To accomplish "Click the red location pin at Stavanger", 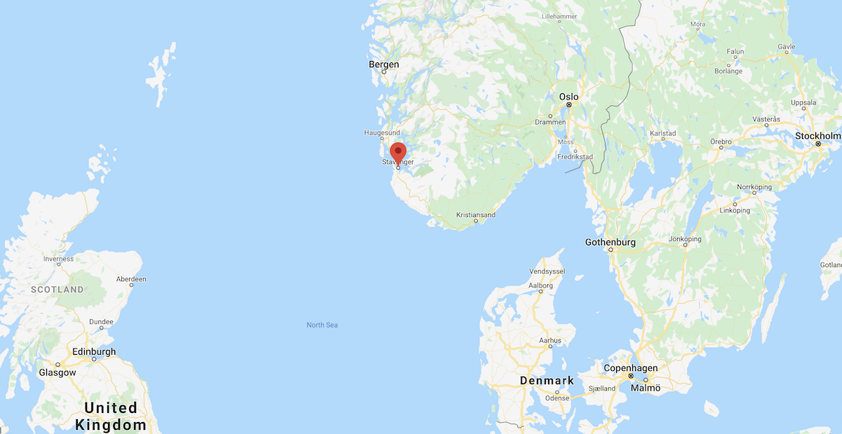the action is point(398,152).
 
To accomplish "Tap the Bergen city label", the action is point(384,65).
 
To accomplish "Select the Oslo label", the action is point(568,97).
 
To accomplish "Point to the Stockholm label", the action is point(817,136).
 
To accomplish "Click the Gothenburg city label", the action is point(610,242).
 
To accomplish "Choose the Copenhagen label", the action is point(631,368).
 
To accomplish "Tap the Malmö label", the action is point(646,387).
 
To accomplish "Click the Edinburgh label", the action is point(94,351).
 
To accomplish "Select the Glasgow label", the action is point(58,372).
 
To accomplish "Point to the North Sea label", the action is point(322,325).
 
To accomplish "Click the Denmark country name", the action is point(547,381).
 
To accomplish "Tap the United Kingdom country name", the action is point(111,416).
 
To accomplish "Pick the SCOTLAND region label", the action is point(57,289).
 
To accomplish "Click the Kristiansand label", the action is point(476,215).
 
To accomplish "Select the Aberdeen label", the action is point(131,279).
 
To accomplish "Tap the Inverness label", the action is point(58,259).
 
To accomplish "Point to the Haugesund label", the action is point(382,133).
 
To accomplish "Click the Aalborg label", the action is point(540,285).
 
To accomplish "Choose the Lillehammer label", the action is point(559,15).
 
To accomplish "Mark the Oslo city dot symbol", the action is point(569,105).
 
